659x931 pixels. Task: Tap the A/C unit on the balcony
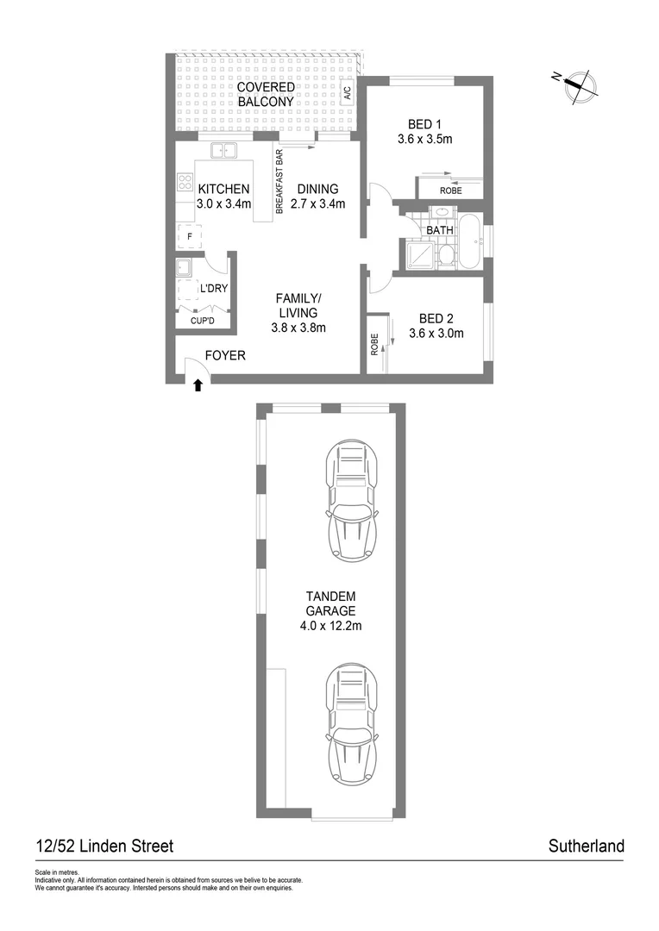pyautogui.click(x=347, y=93)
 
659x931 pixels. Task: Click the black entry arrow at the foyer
pyautogui.click(x=198, y=385)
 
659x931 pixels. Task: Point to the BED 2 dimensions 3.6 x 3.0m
pyautogui.click(x=436, y=334)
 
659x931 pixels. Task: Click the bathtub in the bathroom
pyautogui.click(x=470, y=241)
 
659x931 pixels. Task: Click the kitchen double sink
pyautogui.click(x=224, y=151)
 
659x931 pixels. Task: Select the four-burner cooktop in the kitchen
pyautogui.click(x=185, y=182)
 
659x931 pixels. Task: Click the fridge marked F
pyautogui.click(x=188, y=234)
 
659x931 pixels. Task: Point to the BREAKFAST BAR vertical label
pyautogui.click(x=279, y=182)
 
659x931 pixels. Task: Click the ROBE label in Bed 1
pyautogui.click(x=450, y=191)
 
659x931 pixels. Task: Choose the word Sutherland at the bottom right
pyautogui.click(x=586, y=847)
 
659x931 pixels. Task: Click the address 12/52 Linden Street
pyautogui.click(x=104, y=847)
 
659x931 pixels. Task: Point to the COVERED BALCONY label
pyautogui.click(x=266, y=95)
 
